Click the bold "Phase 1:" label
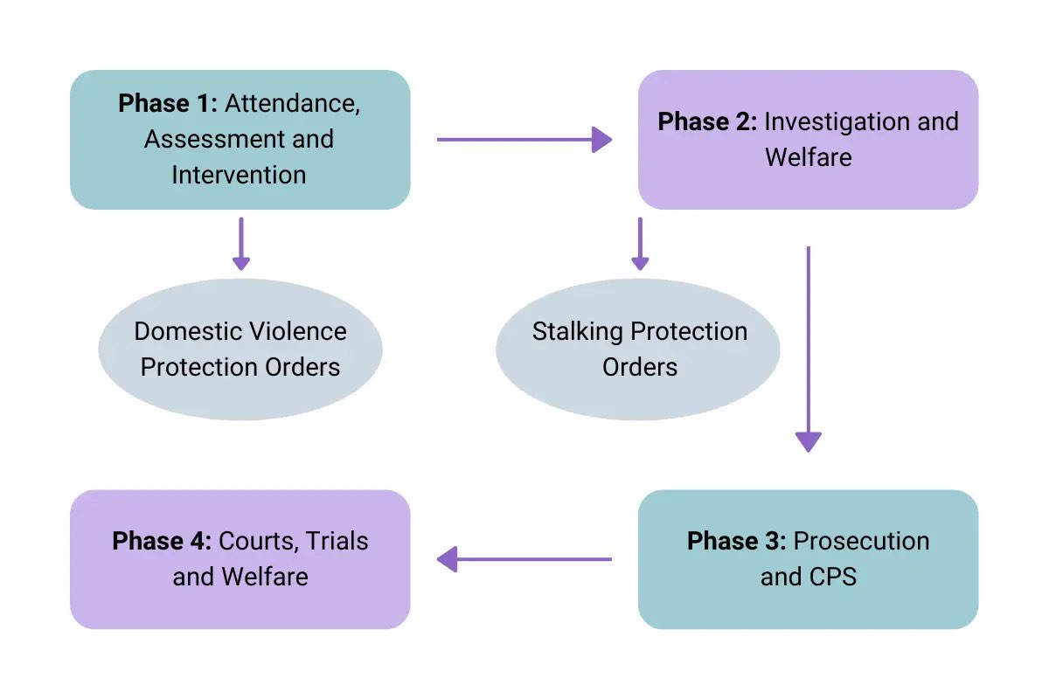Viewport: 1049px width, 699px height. point(168,103)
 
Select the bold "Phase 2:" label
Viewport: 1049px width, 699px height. point(707,121)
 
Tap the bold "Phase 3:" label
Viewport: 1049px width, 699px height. point(736,541)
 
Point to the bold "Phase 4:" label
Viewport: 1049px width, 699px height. point(162,541)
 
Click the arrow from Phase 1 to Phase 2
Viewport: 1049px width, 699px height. point(524,139)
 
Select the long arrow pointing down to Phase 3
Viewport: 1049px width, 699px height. point(808,349)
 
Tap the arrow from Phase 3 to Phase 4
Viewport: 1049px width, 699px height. point(524,559)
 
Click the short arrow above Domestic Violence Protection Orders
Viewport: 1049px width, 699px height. point(240,244)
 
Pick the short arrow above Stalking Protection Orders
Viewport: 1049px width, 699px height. point(640,244)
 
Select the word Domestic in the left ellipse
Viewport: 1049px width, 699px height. point(187,332)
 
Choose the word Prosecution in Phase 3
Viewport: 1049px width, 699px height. point(861,541)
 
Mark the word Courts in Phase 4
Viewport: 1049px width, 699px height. point(255,541)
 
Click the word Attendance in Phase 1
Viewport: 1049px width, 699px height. point(293,103)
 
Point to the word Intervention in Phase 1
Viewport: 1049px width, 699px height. point(239,175)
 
